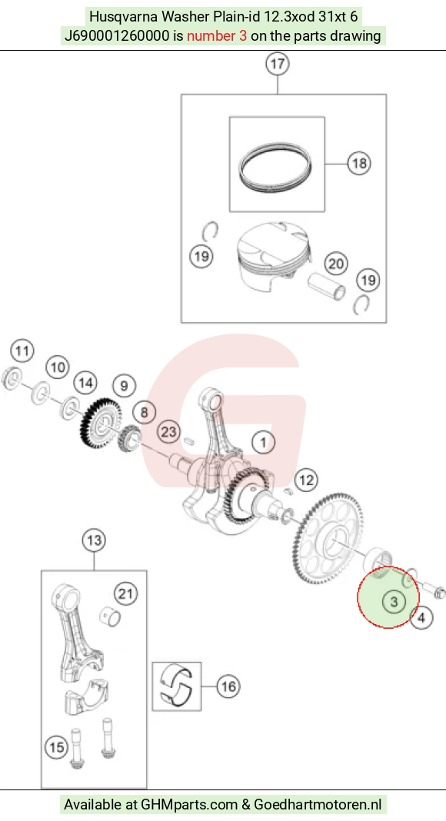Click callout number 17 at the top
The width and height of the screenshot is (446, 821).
(x=278, y=64)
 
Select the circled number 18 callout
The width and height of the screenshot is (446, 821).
(x=359, y=164)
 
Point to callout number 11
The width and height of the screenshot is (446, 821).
(x=22, y=351)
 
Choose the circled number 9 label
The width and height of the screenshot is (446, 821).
(x=124, y=386)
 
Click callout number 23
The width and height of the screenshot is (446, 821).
(x=169, y=433)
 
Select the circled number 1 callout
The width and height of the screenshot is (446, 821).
(x=263, y=442)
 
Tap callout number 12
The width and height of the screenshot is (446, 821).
(x=306, y=480)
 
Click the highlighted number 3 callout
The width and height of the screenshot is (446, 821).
(x=394, y=602)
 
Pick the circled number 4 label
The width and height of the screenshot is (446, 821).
(x=421, y=618)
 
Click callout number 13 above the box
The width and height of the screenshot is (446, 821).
(x=95, y=540)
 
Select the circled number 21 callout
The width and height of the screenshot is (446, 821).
(x=125, y=593)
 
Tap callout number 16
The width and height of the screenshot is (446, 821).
(x=228, y=686)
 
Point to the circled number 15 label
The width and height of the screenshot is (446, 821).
(x=57, y=746)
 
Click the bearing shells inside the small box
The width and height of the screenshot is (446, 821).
(x=177, y=686)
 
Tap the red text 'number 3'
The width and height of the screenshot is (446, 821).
(x=217, y=36)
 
